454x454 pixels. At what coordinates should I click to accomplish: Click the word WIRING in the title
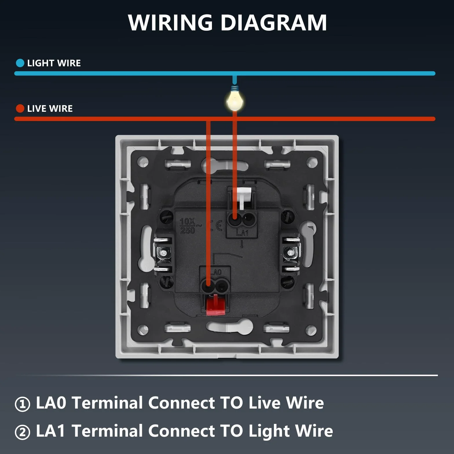click(170, 22)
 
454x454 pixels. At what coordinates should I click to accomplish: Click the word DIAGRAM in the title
click(274, 22)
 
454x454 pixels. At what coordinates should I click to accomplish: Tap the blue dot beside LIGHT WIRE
click(20, 63)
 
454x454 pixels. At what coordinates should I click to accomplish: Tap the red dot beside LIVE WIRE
click(20, 109)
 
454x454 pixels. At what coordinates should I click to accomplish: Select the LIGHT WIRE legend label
click(54, 63)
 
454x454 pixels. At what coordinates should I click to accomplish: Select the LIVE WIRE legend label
click(50, 109)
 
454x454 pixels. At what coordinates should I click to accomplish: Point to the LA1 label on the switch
click(242, 233)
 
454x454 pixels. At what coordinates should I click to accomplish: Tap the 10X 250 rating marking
click(188, 226)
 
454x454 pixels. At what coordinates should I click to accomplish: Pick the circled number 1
click(22, 404)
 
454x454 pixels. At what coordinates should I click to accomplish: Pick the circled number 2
click(22, 432)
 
